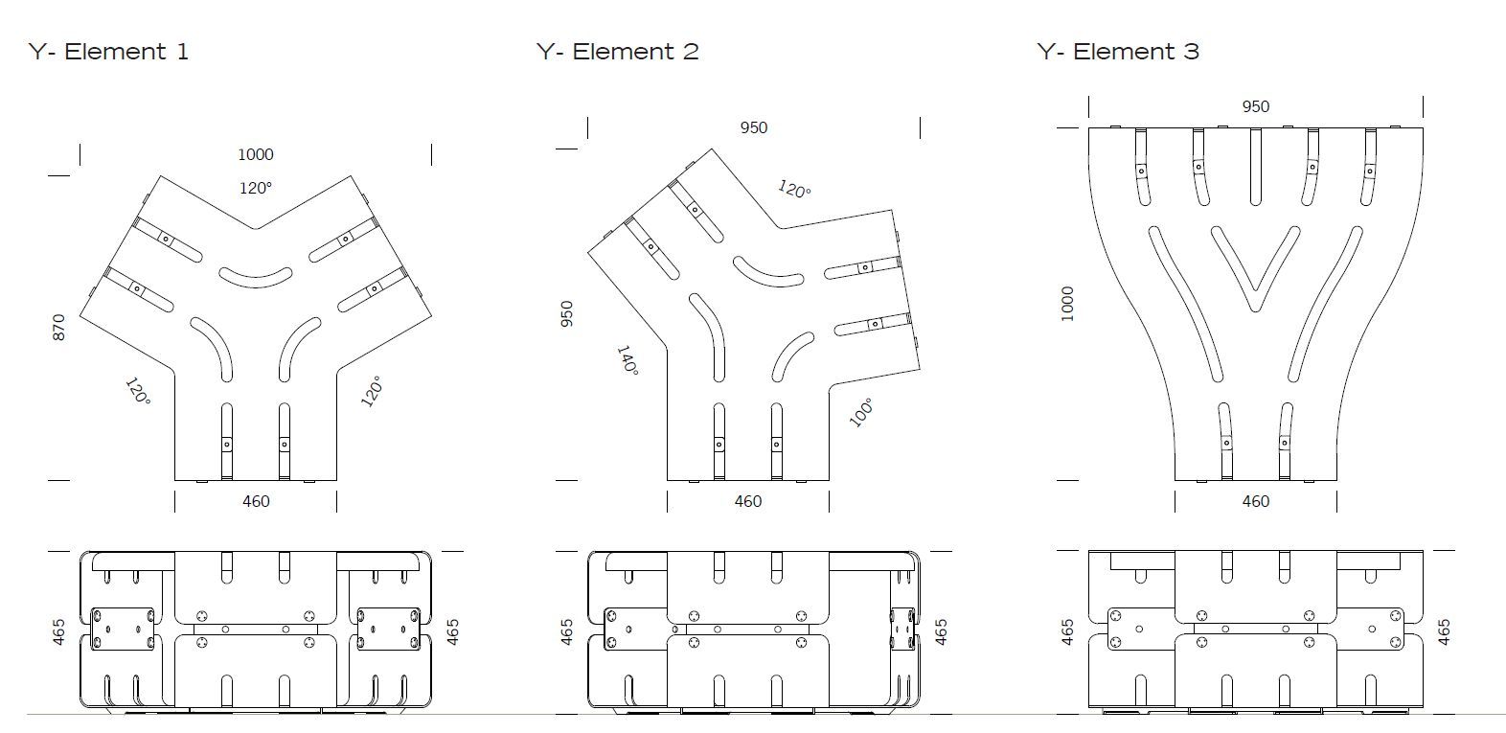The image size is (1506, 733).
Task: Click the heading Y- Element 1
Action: tap(108, 52)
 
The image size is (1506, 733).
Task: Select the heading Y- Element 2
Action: tap(618, 52)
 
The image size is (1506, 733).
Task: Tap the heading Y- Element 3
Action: tap(1118, 52)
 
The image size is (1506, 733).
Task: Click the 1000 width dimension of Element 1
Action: tap(256, 154)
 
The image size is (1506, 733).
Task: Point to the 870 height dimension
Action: tap(59, 329)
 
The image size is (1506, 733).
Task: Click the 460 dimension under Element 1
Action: tap(256, 501)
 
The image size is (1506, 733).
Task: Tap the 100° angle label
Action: tap(860, 412)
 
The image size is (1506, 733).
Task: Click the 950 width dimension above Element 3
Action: tap(1255, 107)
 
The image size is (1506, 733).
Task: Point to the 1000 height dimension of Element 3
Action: tap(1068, 304)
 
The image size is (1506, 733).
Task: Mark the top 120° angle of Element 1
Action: tap(256, 188)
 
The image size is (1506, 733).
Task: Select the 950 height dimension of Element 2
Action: tap(566, 314)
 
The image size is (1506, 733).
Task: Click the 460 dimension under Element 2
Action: tap(748, 501)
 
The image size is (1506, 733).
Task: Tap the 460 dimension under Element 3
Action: tap(1255, 501)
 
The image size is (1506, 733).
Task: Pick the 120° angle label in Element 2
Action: tap(793, 189)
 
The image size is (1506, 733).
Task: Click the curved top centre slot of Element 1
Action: tap(256, 277)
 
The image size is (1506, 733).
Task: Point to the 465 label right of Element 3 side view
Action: tap(1444, 630)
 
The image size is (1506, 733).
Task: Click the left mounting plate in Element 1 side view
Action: tap(122, 630)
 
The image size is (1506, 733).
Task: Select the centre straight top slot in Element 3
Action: tap(1256, 168)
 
